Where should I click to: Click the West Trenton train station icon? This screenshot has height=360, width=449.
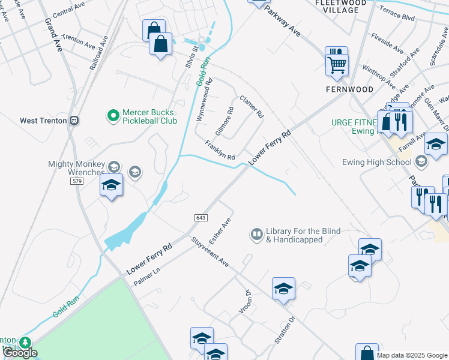pyautogui.click(x=74, y=120)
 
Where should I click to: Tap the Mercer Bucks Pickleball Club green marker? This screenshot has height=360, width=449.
pyautogui.click(x=112, y=115)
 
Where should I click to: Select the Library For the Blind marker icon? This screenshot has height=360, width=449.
pyautogui.click(x=257, y=233)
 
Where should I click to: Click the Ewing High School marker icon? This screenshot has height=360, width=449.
pyautogui.click(x=421, y=160)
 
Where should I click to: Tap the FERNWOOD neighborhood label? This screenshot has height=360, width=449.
pyautogui.click(x=349, y=89)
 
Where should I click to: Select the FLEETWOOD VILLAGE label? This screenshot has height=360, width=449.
pyautogui.click(x=340, y=6)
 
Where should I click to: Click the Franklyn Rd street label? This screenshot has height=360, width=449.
pyautogui.click(x=219, y=151)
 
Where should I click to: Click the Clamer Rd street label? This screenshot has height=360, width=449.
pyautogui.click(x=252, y=106)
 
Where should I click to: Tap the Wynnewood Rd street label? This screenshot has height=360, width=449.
pyautogui.click(x=204, y=100)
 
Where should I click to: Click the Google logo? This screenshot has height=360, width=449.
pyautogui.click(x=20, y=353)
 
